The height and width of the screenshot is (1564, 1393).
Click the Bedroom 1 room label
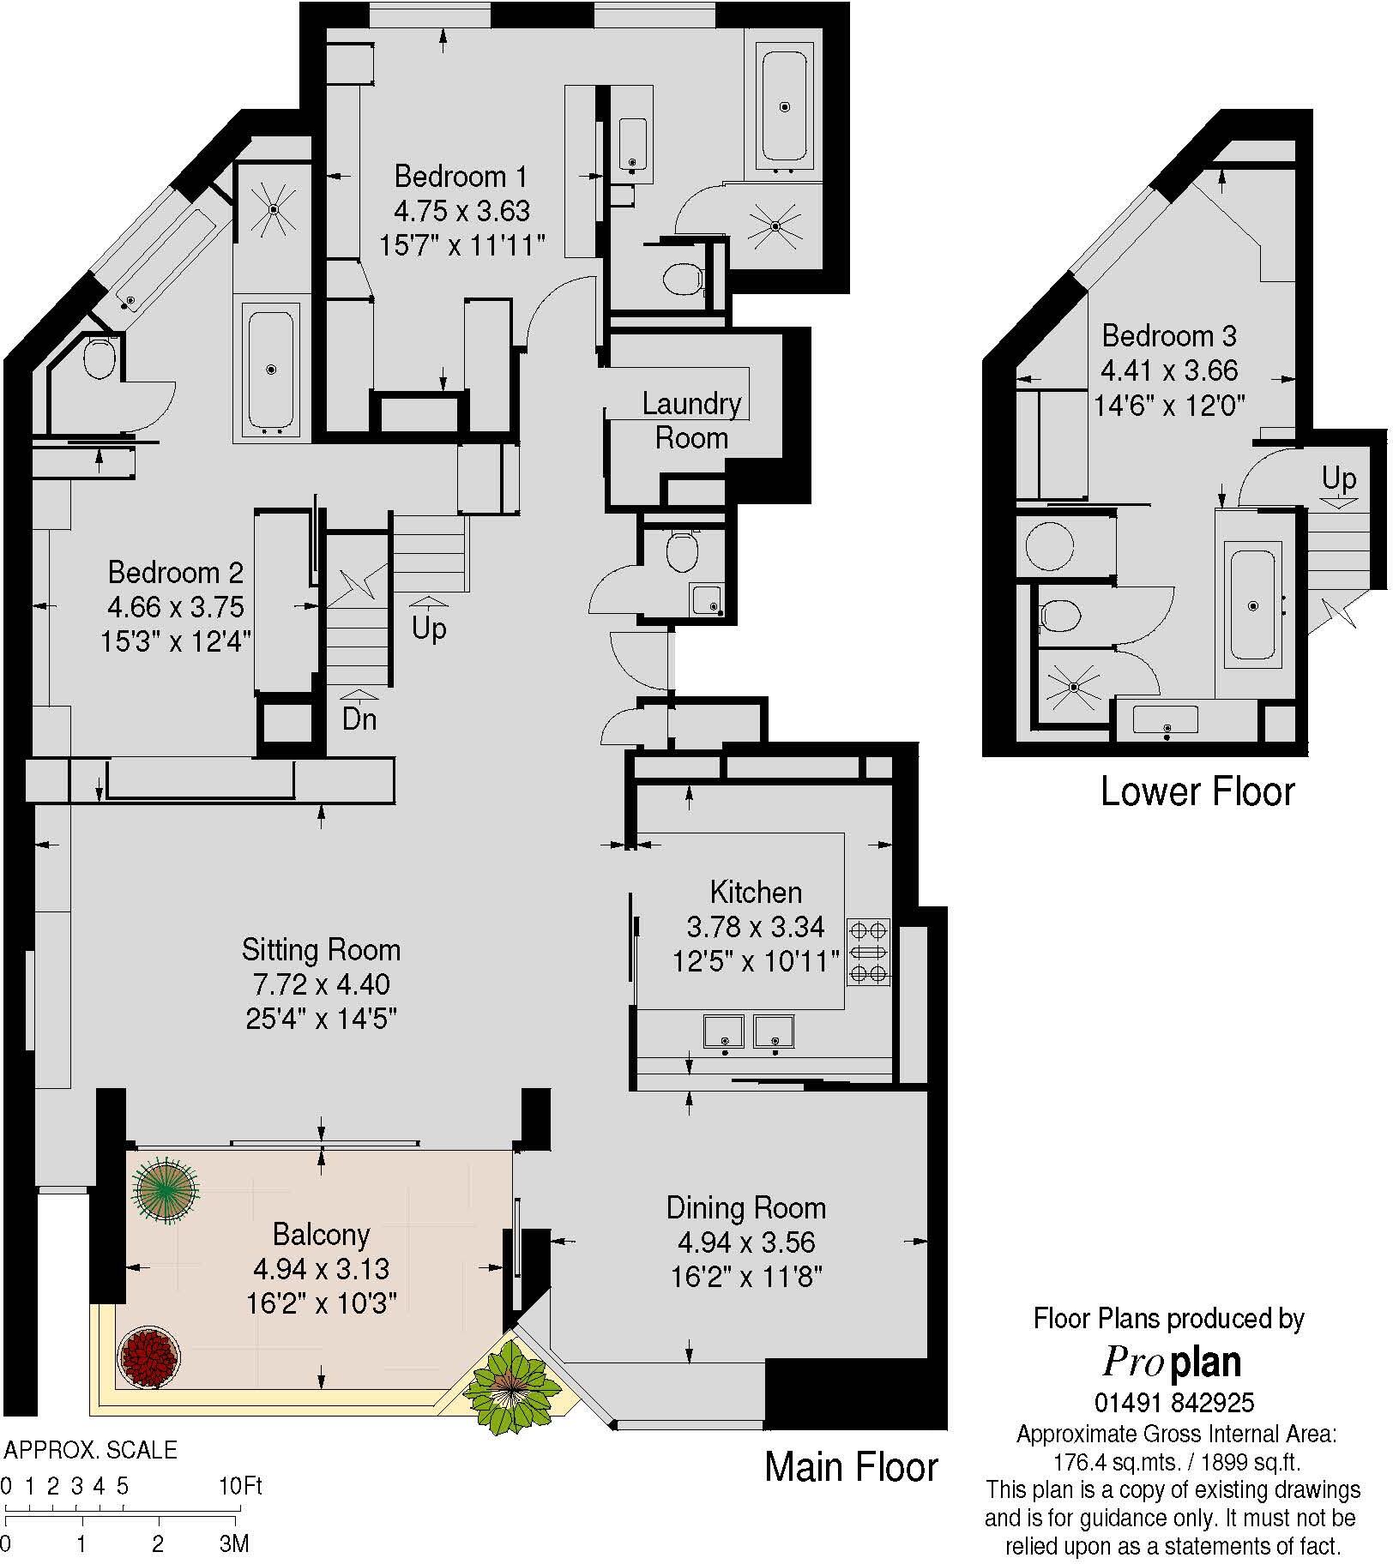461,177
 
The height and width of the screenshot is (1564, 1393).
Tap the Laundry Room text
691,420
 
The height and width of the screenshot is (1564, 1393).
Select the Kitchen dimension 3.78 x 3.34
755,927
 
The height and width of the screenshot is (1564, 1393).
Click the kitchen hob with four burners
868,952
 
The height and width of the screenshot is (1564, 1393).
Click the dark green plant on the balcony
165,1188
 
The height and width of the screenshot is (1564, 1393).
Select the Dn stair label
359,719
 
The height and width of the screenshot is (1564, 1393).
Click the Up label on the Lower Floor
1338,478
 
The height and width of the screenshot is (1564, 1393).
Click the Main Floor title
851,1466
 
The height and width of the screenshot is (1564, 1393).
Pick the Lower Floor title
1197,791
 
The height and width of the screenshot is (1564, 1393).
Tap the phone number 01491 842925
1173,1403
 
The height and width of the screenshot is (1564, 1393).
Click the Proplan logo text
1173,1362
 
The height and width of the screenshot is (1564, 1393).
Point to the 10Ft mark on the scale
240,1486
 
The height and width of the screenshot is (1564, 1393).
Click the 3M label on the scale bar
233,1544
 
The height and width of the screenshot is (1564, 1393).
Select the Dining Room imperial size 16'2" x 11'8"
746,1278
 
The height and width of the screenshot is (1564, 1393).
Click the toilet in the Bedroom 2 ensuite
99,358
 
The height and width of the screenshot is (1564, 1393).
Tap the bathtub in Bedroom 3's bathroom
1252,605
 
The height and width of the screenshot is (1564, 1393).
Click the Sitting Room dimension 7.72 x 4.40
321,984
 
